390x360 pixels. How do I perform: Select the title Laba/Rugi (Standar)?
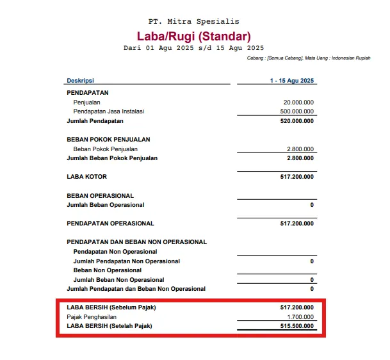pos(193,36)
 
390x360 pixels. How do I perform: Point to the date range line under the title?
pos(193,48)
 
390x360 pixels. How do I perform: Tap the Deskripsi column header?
pos(80,81)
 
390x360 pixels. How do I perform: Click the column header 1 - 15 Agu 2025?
pos(291,81)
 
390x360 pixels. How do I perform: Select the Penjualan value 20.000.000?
pos(298,102)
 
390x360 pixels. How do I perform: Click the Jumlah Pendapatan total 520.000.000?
pos(297,120)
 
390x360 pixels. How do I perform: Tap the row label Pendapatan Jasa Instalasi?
pos(108,111)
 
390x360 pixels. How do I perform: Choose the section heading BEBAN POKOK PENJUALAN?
pos(104,139)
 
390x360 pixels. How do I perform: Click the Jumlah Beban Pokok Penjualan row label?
pos(112,158)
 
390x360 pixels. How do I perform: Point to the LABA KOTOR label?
pos(86,176)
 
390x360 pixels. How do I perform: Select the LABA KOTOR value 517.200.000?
pos(297,176)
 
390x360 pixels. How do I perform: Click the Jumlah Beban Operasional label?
pos(106,205)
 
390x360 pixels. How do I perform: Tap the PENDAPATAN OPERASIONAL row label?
pos(110,224)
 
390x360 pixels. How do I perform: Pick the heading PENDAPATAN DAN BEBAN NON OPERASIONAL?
pos(136,242)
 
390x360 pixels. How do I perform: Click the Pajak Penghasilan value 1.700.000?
pos(300,317)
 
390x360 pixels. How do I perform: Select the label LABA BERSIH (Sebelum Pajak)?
pos(111,307)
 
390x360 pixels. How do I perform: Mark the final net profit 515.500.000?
pos(297,326)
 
